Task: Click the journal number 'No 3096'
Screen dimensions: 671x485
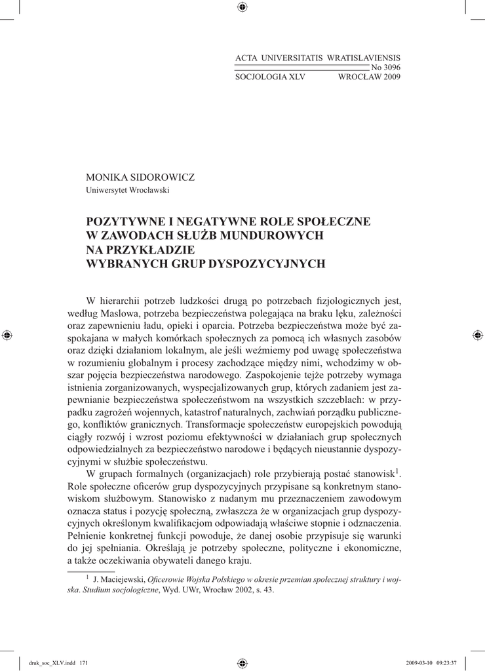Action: click(385, 67)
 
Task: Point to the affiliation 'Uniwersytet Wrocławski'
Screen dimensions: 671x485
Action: click(128, 191)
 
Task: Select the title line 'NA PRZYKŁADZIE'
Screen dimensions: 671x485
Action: click(141, 250)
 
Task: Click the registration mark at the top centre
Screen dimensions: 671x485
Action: click(242, 7)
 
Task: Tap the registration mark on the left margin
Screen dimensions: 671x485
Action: click(7, 335)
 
